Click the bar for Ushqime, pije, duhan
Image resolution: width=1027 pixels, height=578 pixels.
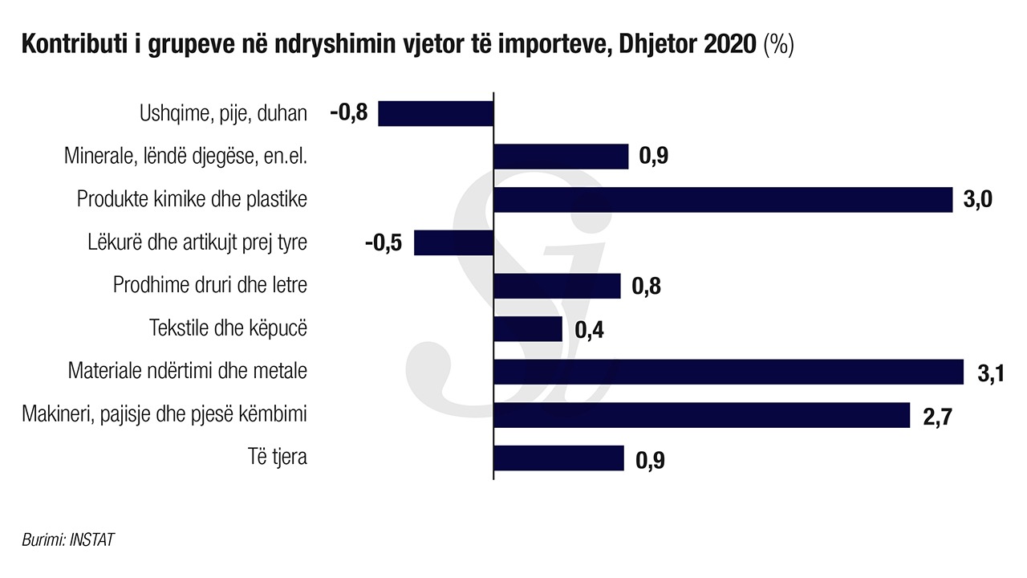point(436,113)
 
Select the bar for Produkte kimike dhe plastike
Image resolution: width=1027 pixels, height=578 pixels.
point(722,199)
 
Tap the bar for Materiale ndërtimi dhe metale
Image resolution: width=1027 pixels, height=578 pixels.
point(728,372)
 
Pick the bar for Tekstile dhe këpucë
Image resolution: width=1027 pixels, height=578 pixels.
point(527,328)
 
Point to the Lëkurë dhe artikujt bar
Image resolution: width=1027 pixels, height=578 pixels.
point(453,242)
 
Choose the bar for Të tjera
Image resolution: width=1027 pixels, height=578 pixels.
point(558,458)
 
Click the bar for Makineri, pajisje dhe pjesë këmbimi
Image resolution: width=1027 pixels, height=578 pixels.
point(701,415)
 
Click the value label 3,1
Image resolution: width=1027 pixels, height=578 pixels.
point(991,374)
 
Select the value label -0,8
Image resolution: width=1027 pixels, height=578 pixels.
point(348,113)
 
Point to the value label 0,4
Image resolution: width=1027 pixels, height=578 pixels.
point(589,331)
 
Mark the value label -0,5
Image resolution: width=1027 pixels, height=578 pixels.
point(384,242)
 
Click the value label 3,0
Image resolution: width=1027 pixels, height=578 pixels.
point(977,200)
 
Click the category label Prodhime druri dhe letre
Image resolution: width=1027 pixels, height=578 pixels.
point(210,285)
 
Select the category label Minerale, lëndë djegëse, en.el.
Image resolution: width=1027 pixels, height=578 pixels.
point(186,156)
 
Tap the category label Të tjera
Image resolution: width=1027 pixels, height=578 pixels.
point(278,458)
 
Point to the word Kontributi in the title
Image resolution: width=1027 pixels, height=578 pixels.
point(71,45)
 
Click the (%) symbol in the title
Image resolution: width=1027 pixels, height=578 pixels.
point(778,45)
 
